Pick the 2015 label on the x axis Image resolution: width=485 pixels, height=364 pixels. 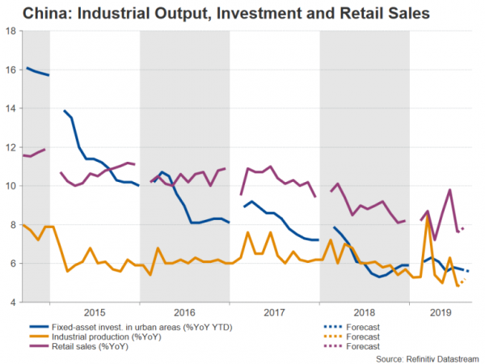point(95,311)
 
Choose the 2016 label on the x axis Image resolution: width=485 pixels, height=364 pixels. point(185,311)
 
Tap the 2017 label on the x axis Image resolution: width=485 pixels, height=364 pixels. point(275,311)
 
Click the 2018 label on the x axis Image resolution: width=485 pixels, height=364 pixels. point(365,311)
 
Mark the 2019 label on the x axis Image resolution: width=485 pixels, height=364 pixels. point(440,311)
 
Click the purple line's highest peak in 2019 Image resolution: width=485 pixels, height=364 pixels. point(450,190)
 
